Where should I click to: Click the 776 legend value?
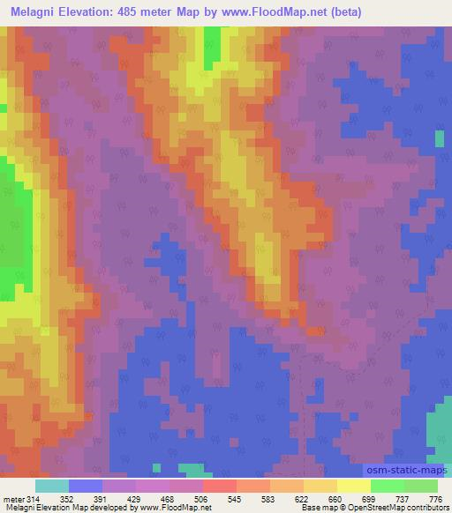click(436, 498)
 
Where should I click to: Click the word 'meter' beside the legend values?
click(13, 498)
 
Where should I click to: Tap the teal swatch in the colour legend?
click(52, 486)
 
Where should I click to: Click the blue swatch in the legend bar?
click(86, 486)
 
